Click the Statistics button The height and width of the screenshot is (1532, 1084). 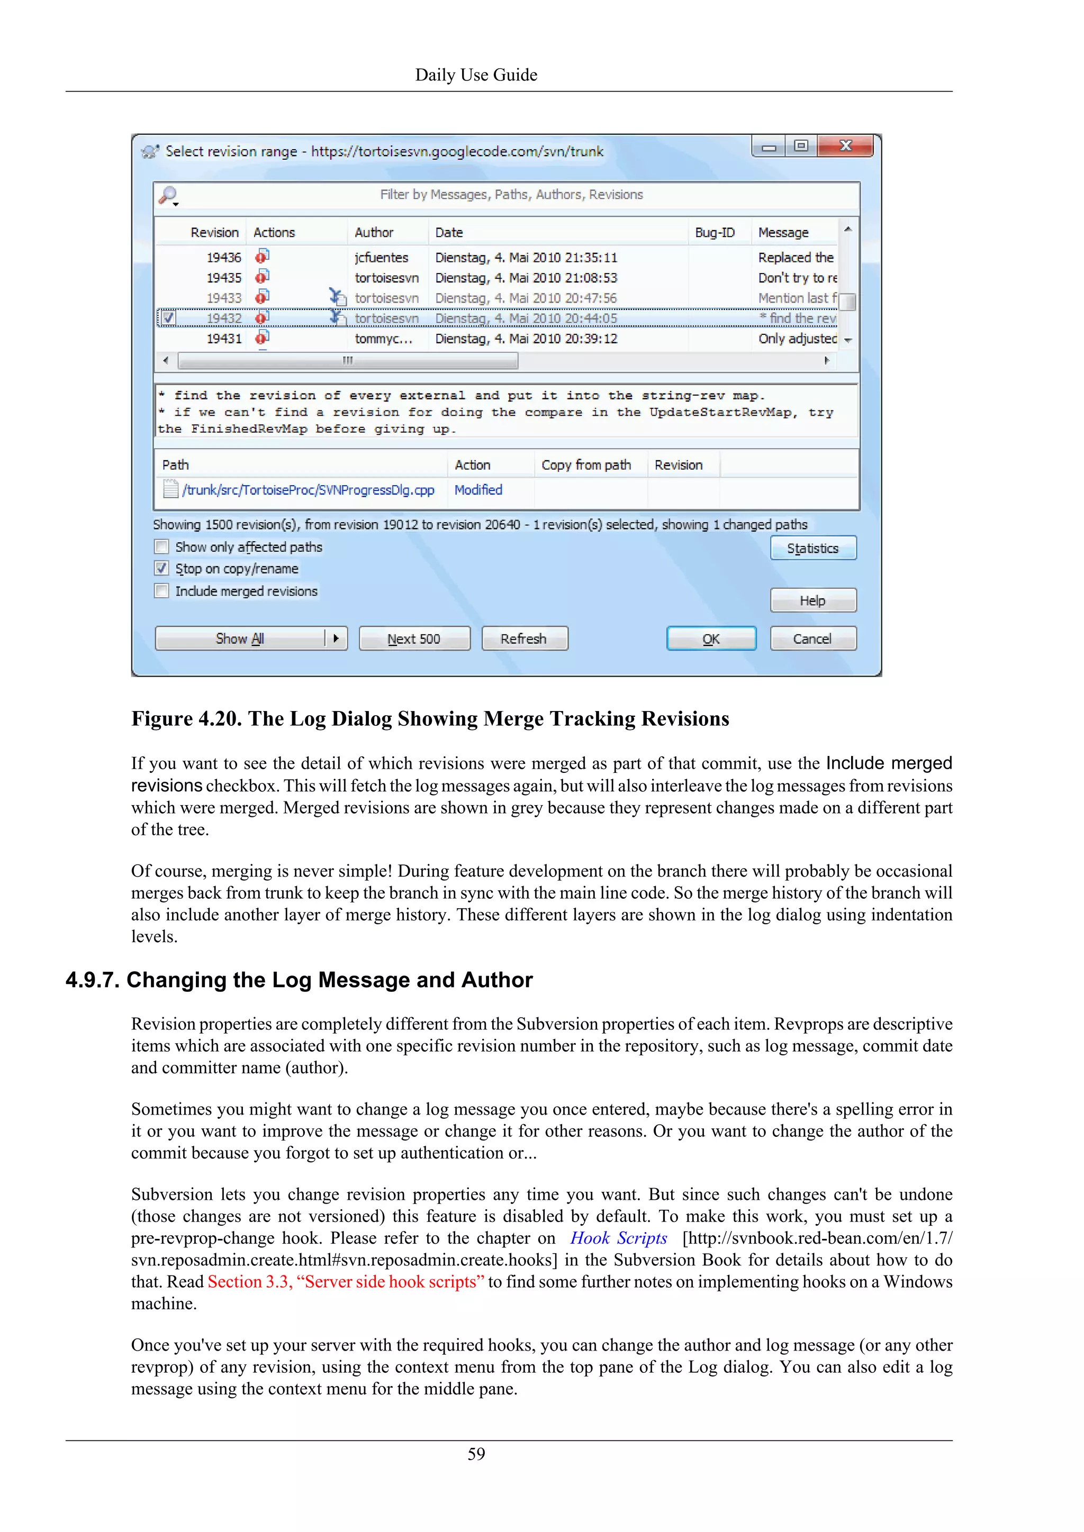pyautogui.click(x=812, y=549)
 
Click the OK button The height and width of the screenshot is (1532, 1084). pyautogui.click(x=711, y=639)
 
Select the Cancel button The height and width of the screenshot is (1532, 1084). pyautogui.click(x=812, y=639)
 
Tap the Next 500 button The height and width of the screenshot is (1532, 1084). pyautogui.click(x=414, y=639)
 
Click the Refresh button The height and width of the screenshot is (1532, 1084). pyautogui.click(x=524, y=639)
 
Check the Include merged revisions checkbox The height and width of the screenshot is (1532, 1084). pyautogui.click(x=161, y=591)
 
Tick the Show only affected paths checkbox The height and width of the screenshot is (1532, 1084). pyautogui.click(x=161, y=547)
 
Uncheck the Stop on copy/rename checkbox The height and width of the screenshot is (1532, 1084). pyautogui.click(x=161, y=569)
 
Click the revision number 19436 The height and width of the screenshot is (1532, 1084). pyautogui.click(x=223, y=258)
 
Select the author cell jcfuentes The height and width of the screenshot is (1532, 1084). pyautogui.click(x=381, y=258)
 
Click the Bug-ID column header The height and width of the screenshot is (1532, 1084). pyautogui.click(x=714, y=232)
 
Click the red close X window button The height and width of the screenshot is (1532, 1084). pyautogui.click(x=845, y=146)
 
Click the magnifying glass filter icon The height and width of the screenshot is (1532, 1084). pyautogui.click(x=168, y=195)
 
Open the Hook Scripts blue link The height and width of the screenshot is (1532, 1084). pyautogui.click(x=618, y=1238)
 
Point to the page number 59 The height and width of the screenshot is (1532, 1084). pyautogui.click(x=476, y=1454)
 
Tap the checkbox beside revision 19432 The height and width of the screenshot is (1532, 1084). pyautogui.click(x=168, y=318)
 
